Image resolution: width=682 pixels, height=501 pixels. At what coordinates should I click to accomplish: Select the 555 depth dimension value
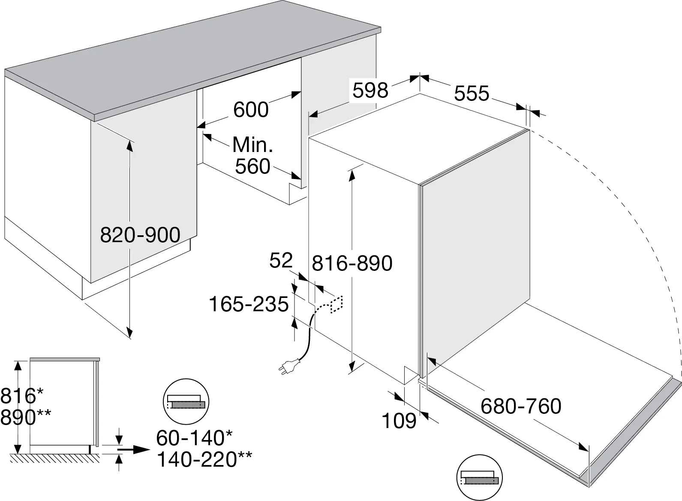(472, 93)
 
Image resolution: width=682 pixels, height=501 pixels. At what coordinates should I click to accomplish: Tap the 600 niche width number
(251, 109)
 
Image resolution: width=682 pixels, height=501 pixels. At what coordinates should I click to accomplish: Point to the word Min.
(252, 145)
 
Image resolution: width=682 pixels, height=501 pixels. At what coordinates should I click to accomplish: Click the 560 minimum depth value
(252, 167)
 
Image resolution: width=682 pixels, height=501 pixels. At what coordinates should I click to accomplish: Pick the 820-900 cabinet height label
(140, 235)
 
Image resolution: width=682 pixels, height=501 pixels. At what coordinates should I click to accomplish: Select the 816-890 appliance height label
(352, 263)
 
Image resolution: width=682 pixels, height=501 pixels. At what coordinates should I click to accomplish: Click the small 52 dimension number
(281, 261)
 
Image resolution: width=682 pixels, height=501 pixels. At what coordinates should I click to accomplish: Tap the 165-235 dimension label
(249, 304)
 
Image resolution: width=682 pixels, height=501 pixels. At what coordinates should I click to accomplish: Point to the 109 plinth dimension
(399, 421)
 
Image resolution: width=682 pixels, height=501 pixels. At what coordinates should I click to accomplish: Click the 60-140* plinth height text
(194, 438)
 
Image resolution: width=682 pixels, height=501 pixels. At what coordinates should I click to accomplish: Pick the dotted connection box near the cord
(337, 304)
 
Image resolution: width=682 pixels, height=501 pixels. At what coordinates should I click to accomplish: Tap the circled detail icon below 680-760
(480, 478)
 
